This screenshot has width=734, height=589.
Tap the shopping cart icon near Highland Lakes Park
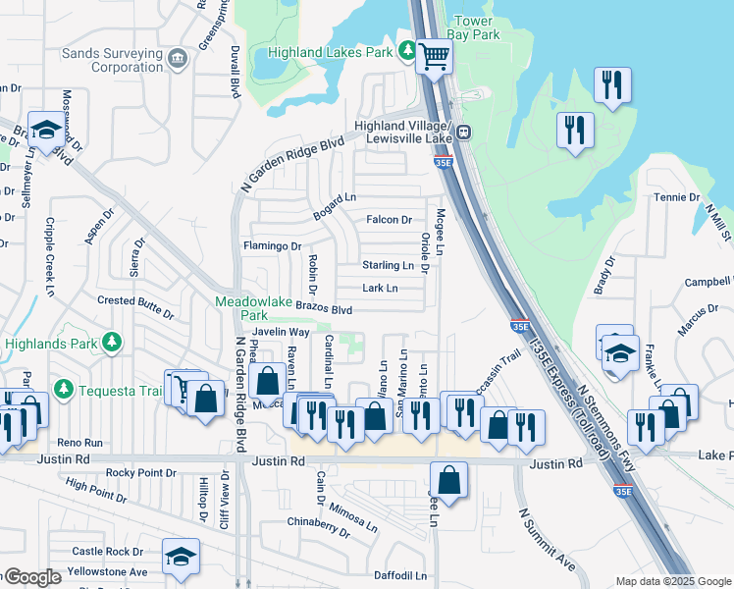[x=433, y=57]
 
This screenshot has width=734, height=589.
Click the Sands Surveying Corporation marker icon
[x=178, y=58]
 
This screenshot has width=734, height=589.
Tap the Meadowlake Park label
[x=241, y=309]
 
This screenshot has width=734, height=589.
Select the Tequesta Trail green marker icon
[x=64, y=390]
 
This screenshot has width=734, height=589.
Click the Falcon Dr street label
[x=389, y=220]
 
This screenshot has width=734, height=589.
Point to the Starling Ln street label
[x=388, y=265]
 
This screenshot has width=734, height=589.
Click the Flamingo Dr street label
[x=271, y=245]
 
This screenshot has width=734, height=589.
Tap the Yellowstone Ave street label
[x=109, y=571]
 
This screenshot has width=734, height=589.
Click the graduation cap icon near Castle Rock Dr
[x=181, y=557]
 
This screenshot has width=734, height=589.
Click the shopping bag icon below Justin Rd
[x=448, y=481]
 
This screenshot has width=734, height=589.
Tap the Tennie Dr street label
[x=677, y=197]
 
